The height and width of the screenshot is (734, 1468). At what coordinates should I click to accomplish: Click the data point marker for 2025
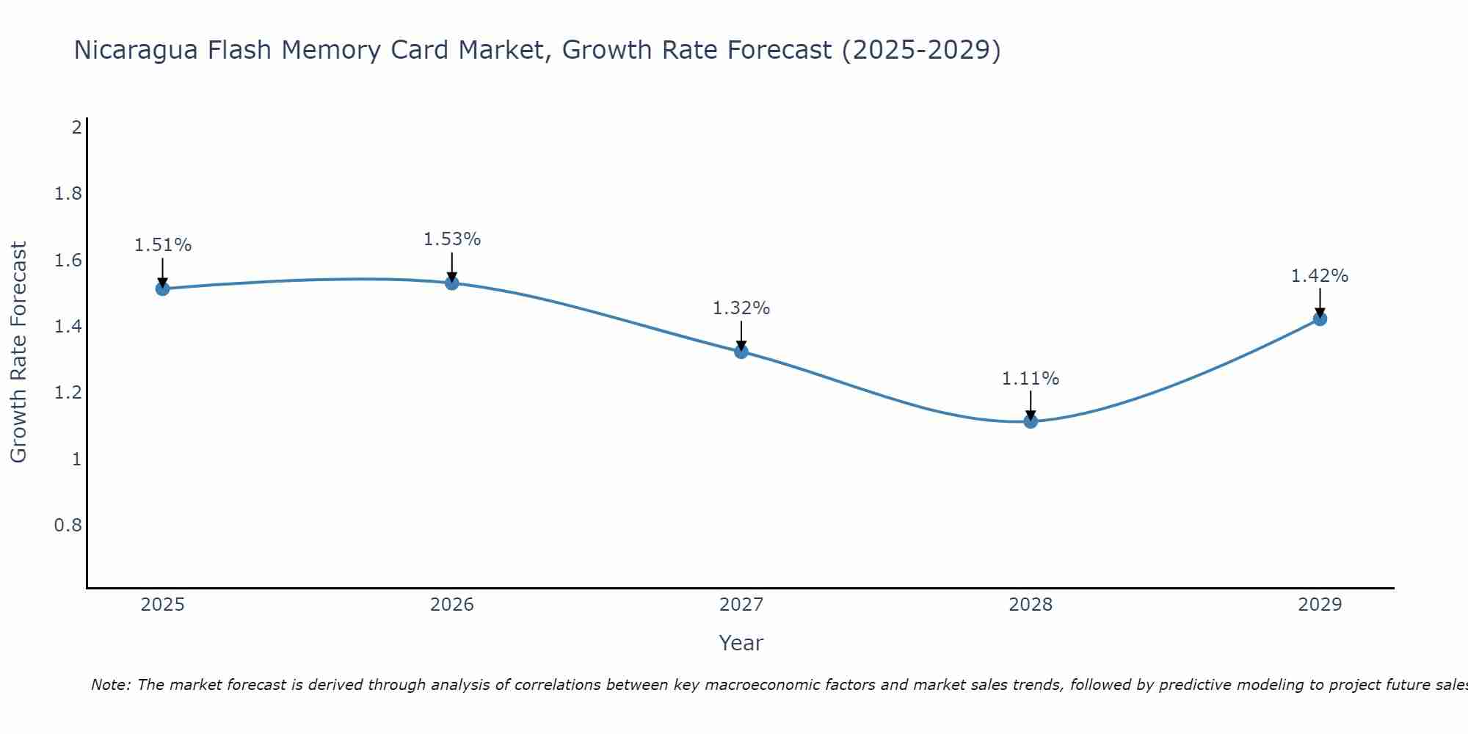click(x=162, y=288)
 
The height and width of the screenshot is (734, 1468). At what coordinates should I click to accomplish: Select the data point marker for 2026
click(x=452, y=283)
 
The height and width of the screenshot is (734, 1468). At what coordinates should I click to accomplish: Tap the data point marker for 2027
click(x=741, y=352)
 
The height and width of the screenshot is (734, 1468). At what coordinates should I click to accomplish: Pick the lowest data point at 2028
click(x=1031, y=421)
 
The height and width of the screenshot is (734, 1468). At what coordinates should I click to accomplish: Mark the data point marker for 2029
click(x=1320, y=319)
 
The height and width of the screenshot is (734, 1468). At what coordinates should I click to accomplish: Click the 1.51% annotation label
click(x=162, y=245)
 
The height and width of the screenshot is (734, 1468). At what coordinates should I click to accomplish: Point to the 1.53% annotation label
click(x=452, y=239)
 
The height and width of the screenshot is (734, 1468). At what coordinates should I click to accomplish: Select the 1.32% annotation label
click(x=741, y=308)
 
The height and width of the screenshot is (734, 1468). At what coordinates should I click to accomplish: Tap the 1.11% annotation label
click(x=1031, y=379)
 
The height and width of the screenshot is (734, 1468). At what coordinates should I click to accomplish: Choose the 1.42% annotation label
click(x=1320, y=276)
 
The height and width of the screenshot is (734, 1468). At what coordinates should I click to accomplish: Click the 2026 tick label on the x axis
click(x=452, y=605)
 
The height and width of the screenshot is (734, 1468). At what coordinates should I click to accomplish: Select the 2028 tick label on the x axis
click(x=1031, y=605)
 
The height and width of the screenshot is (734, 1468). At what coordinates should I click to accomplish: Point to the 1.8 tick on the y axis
click(x=68, y=194)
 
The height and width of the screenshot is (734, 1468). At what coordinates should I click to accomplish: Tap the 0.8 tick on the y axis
click(x=68, y=526)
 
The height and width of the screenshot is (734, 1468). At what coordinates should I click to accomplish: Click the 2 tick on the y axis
click(x=76, y=128)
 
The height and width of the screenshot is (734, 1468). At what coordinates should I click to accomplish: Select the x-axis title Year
click(x=741, y=643)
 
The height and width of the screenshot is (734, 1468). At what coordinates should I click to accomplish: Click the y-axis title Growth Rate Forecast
click(x=18, y=352)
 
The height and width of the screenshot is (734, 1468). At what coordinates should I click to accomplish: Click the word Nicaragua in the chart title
click(x=136, y=50)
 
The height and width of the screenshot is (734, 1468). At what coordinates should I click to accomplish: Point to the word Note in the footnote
click(x=110, y=685)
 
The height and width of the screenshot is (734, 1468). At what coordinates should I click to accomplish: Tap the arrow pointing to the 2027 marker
click(x=741, y=336)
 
